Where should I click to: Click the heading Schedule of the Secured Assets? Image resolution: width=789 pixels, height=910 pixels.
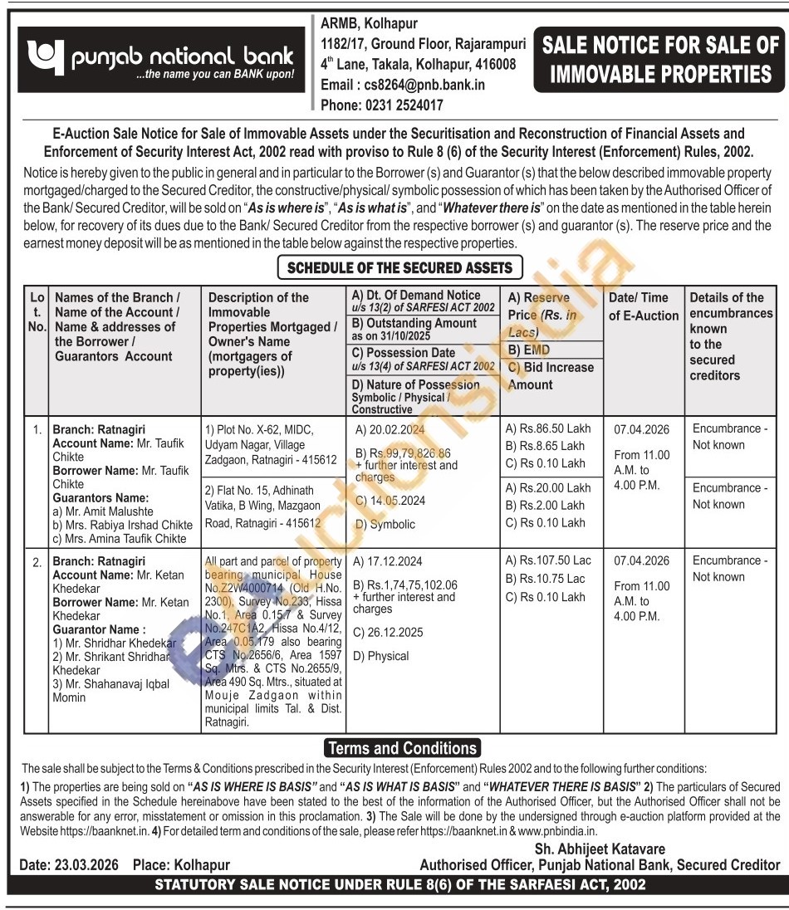[x=401, y=267]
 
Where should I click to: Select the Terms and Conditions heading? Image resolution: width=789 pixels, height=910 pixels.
[x=401, y=748]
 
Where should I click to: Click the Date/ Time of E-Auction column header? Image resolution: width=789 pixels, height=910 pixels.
[x=638, y=306]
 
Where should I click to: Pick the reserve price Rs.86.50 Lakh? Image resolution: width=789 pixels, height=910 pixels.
[x=548, y=428]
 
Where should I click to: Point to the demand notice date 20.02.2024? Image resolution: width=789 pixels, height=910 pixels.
[x=390, y=429]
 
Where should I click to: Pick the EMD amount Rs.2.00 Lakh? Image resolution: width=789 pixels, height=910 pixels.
[x=548, y=506]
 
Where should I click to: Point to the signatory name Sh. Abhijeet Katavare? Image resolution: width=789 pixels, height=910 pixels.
[x=600, y=849]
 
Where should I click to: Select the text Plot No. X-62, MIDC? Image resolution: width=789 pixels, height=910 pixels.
[x=259, y=429]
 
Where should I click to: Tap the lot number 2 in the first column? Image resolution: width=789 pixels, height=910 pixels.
[x=37, y=563]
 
